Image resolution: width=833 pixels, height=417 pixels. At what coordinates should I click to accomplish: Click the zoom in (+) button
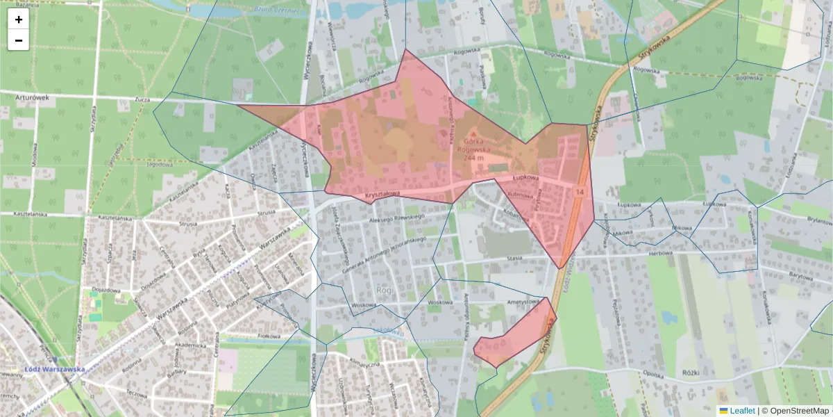coord(19,19)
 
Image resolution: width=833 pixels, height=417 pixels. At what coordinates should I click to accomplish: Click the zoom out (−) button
coord(19,40)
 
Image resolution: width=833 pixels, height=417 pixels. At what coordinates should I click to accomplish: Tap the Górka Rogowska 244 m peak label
coord(473,148)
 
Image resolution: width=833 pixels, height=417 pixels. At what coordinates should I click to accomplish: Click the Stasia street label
coord(514,258)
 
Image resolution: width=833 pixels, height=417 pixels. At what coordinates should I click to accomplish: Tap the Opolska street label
coord(653,373)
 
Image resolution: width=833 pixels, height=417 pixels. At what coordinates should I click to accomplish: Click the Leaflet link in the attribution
coord(741,411)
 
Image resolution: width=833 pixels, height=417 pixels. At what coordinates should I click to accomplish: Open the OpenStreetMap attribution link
coord(795,411)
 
